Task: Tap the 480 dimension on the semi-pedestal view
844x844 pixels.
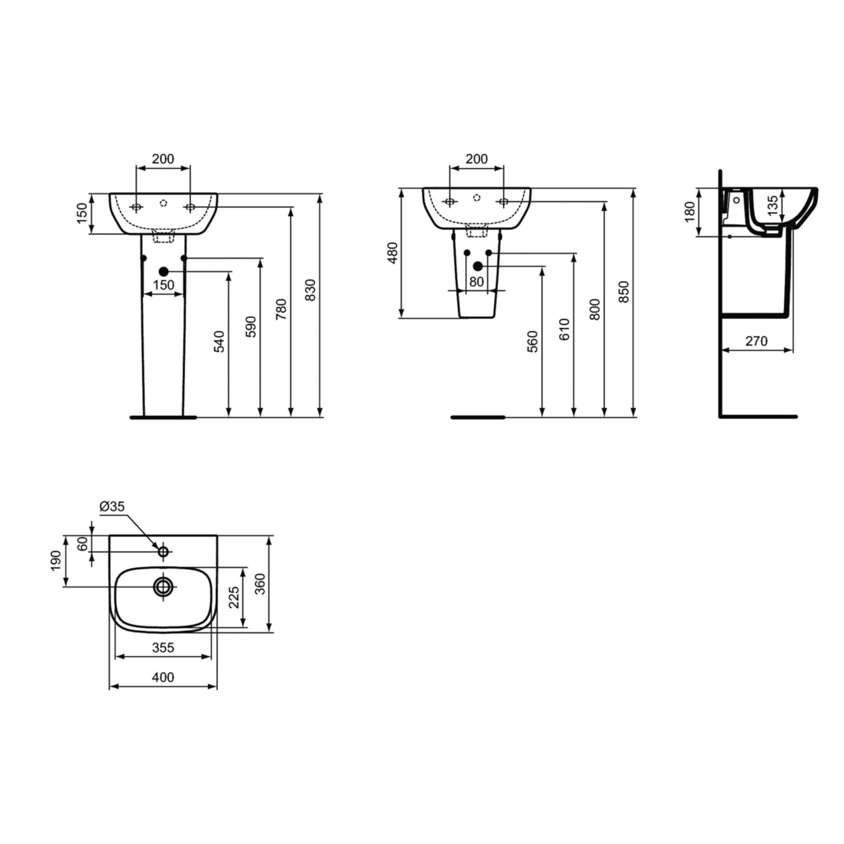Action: pos(393,253)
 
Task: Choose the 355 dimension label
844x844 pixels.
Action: pos(163,648)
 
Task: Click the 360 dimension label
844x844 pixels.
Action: pos(260,584)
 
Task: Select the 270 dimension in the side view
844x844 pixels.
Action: pos(756,341)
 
